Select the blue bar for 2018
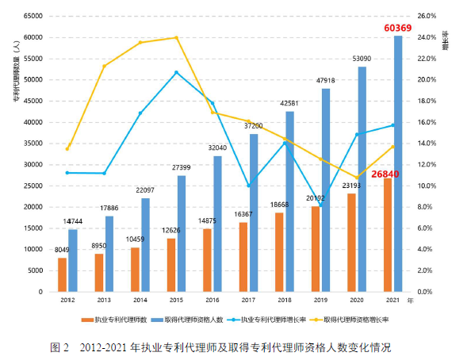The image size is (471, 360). pos(289,201)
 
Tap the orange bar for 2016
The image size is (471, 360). pos(207,259)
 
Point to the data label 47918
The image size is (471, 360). pos(326,81)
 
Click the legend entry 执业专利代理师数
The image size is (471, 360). pos(118,320)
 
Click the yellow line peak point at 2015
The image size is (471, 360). pos(176,37)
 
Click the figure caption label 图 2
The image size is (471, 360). pos(60,347)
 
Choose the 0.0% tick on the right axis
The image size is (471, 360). pos(425,292)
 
